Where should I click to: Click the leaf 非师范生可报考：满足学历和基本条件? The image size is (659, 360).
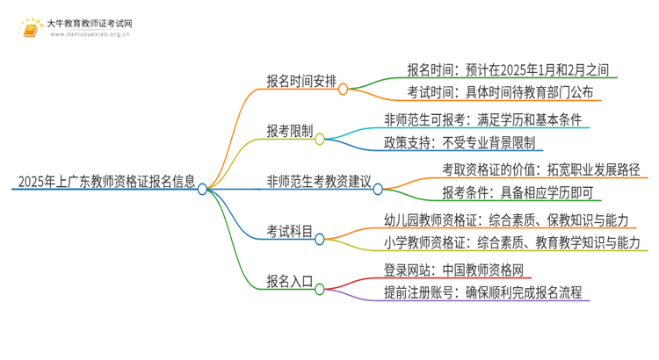482,119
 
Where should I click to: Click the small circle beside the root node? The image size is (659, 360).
203,188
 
